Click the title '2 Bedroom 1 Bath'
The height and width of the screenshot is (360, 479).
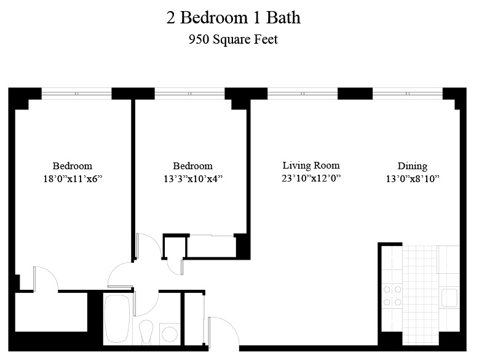tap(233, 17)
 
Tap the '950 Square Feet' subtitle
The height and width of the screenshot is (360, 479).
tap(233, 40)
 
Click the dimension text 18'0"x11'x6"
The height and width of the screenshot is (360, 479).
tap(73, 179)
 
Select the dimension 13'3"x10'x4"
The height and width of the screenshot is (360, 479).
tap(192, 179)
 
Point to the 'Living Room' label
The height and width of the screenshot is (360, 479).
tap(311, 165)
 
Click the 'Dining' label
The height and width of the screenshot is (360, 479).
tap(412, 166)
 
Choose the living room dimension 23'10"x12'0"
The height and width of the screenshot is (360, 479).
tap(311, 178)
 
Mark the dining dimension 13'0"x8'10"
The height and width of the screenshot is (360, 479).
tap(412, 179)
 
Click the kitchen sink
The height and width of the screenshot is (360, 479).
tap(448, 298)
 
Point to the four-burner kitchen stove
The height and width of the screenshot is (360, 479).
tap(392, 295)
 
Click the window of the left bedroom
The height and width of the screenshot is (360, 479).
tap(76, 94)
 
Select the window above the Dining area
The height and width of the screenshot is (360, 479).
tap(408, 94)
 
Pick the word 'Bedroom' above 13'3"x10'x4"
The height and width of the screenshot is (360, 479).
tap(192, 166)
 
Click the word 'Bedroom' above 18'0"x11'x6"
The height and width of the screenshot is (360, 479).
tap(73, 166)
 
